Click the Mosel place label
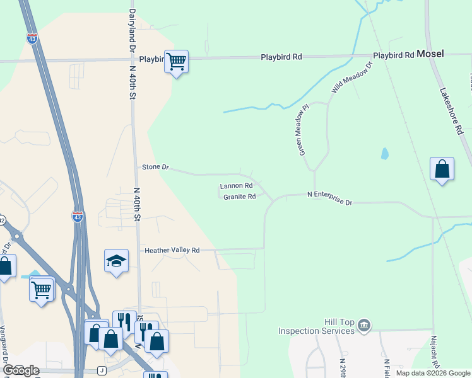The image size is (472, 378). [429, 54]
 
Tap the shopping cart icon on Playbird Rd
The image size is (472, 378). [177, 62]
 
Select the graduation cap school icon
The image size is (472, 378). [116, 261]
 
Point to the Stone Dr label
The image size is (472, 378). [156, 167]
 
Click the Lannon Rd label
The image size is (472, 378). [236, 186]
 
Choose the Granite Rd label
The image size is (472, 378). [239, 197]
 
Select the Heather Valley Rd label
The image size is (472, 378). [172, 250]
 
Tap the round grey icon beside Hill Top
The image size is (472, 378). [363, 326]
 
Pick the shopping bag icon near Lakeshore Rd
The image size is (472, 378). [442, 169]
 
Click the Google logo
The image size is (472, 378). [21, 370]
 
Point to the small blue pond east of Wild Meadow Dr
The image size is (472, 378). [384, 154]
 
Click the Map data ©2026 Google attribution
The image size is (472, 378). [432, 373]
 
